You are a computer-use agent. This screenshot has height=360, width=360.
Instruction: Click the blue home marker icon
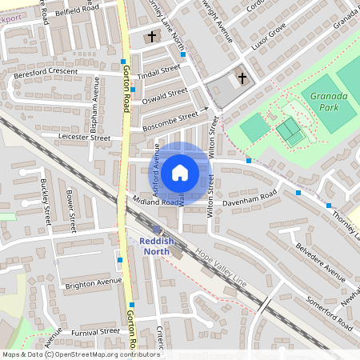[180, 172]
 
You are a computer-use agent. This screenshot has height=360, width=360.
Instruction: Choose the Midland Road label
[157, 202]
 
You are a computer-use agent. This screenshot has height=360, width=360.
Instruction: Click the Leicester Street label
[84, 138]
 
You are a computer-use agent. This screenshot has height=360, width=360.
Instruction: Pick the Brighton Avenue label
[94, 283]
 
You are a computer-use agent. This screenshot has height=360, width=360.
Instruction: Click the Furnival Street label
[94, 331]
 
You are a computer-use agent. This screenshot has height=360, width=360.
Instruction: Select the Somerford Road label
[328, 314]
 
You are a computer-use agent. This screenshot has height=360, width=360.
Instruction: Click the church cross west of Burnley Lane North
[152, 37]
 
